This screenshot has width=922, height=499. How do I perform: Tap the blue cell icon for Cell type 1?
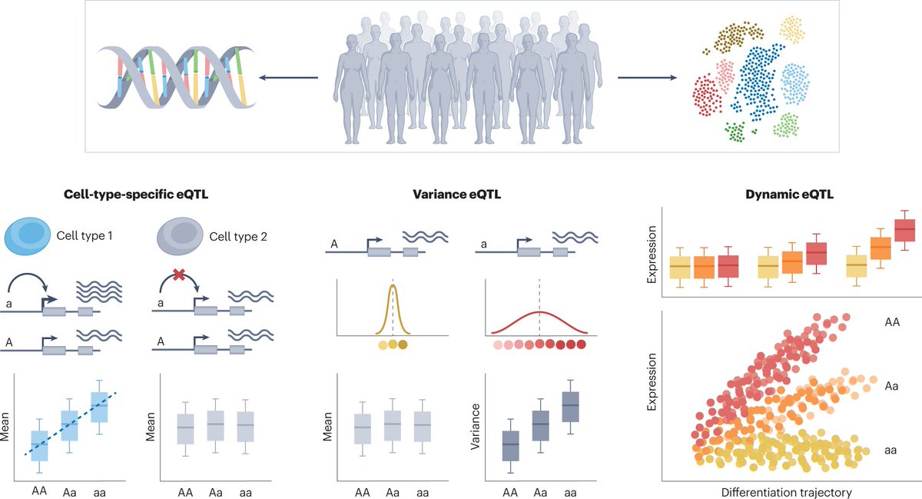tap(27, 232)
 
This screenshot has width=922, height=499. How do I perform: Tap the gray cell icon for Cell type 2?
tap(177, 232)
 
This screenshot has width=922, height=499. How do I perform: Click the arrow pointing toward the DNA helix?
tap(288, 77)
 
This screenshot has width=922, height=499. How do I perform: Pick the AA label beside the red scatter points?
tap(891, 324)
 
